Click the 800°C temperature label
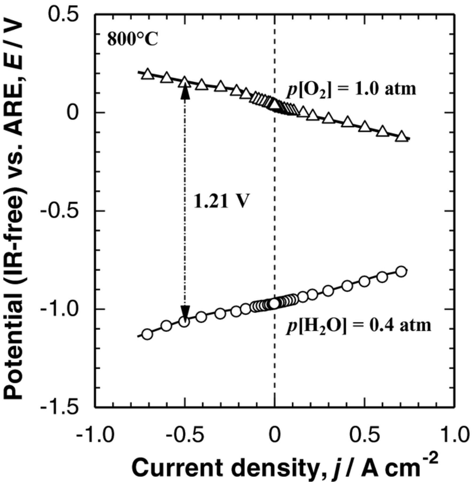(133, 40)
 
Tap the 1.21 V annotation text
(221, 201)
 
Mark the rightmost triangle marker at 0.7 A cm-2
(401, 136)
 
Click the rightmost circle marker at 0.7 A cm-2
(401, 272)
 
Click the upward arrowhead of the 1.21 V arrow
(184, 92)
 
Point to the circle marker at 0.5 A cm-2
(365, 281)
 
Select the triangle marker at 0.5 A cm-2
(365, 126)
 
